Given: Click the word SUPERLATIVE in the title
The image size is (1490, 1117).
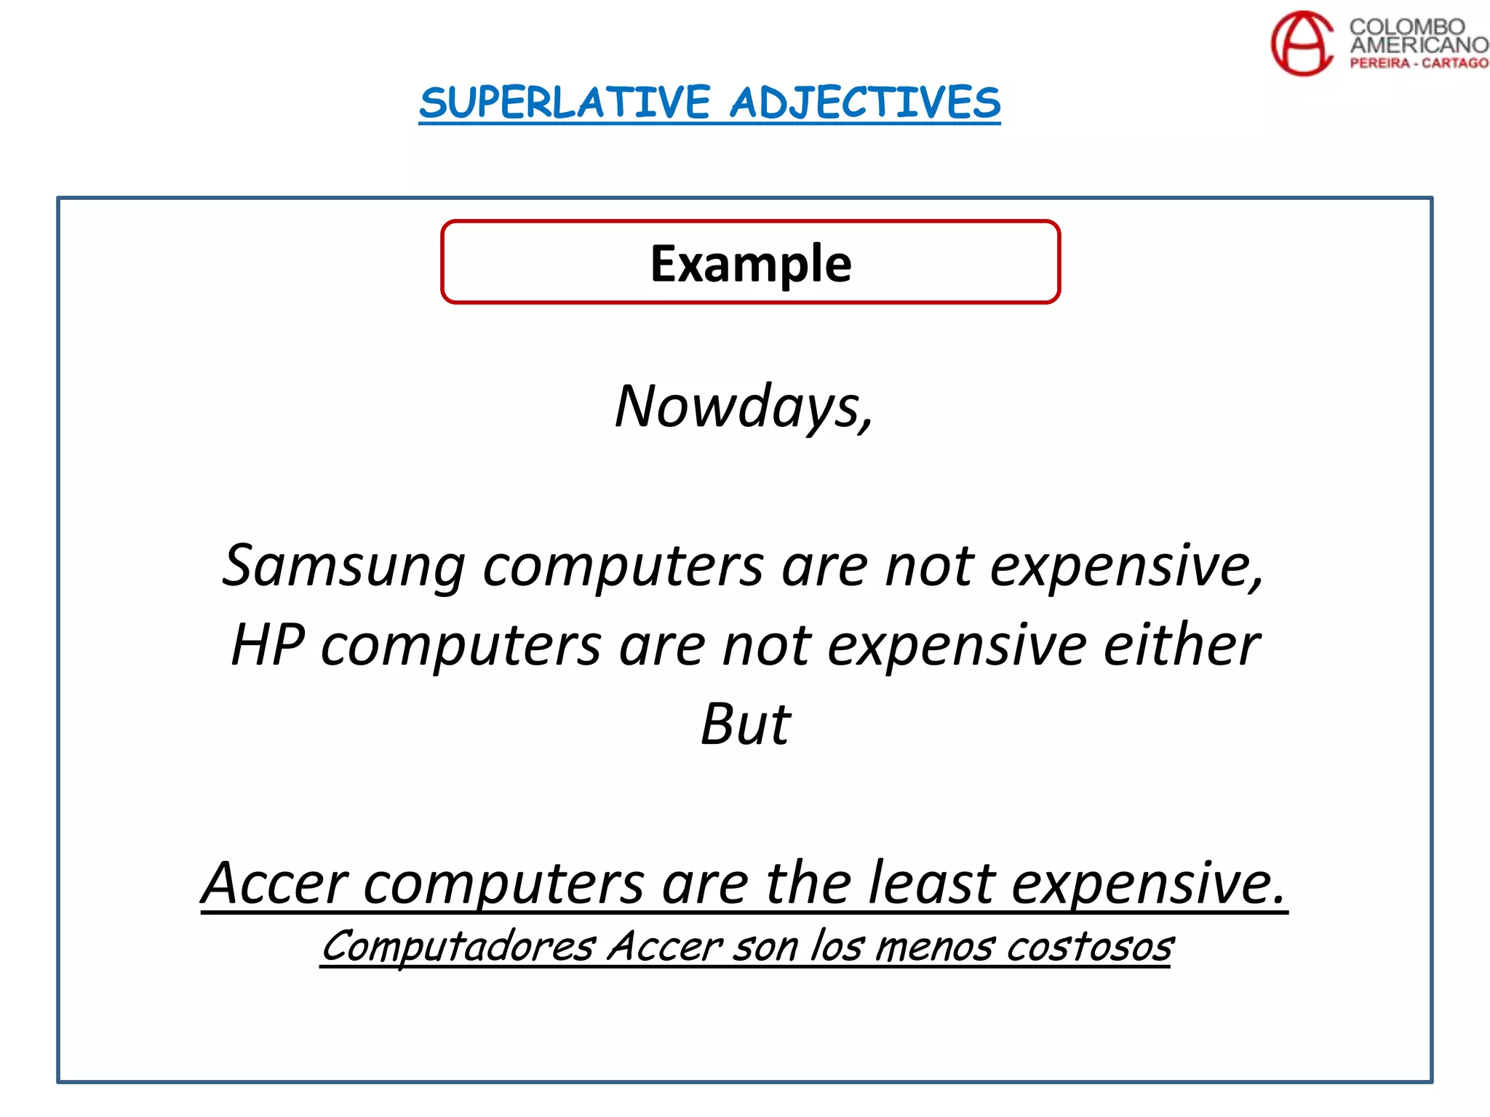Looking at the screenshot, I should pos(565,103).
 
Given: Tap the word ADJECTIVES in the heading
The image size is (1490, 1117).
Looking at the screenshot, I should pos(865,103).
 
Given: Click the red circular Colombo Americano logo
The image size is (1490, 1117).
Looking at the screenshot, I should pos(1302,43).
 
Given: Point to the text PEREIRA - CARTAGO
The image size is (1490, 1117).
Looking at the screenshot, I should pos(1419,63).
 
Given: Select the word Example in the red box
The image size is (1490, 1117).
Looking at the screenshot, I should pos(750,263).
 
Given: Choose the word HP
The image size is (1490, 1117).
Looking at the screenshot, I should pos(268,645).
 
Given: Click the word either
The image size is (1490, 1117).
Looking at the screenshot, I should pos(1181,645).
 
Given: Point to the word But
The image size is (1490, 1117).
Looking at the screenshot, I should pos(745,724).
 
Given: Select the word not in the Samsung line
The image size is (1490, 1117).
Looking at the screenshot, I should pos(929,566).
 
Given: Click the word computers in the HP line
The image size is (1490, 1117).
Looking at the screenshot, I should pos(461,645).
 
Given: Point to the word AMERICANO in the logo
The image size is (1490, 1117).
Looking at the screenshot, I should pos(1419,44).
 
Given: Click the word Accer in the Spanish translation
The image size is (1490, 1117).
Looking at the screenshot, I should pos(664,947).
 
